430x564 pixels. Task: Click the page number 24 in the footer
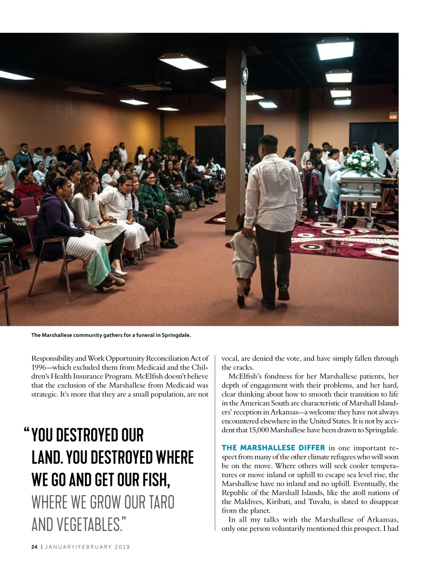click(34, 547)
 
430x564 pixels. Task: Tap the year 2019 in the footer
click(122, 547)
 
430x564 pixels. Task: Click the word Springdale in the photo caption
click(176, 335)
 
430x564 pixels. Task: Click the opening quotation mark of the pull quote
click(27, 430)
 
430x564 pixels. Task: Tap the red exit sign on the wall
click(393, 116)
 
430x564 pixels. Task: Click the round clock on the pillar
click(245, 76)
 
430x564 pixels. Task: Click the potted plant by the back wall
click(171, 145)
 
